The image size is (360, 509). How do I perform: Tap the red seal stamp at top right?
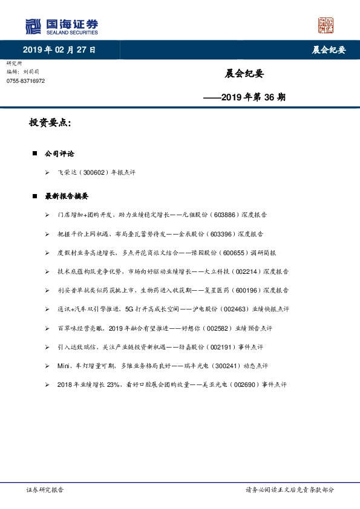pos(326,25)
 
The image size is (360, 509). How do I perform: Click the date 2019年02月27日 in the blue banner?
pos(59,50)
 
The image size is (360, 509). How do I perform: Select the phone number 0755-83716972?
pos(25,81)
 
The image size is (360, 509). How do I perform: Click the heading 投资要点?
pos(50,123)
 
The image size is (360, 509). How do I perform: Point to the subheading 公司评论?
pos(59,154)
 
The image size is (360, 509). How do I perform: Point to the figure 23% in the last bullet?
pos(100,384)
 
